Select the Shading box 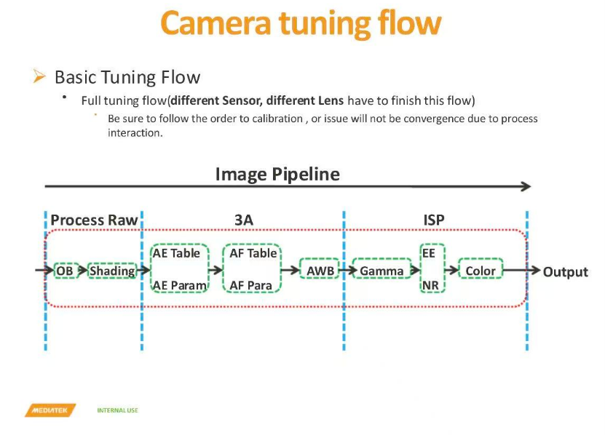point(112,271)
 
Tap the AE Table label point(176,253)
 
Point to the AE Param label point(179,286)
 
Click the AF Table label point(253,253)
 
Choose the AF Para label point(250,286)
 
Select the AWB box point(320,271)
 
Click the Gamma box point(381,271)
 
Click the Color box point(481,271)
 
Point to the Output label point(566,272)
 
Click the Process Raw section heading point(94,220)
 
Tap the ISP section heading point(434,220)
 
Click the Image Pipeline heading point(277,175)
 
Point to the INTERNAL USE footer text point(117,411)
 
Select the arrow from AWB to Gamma point(344,271)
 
